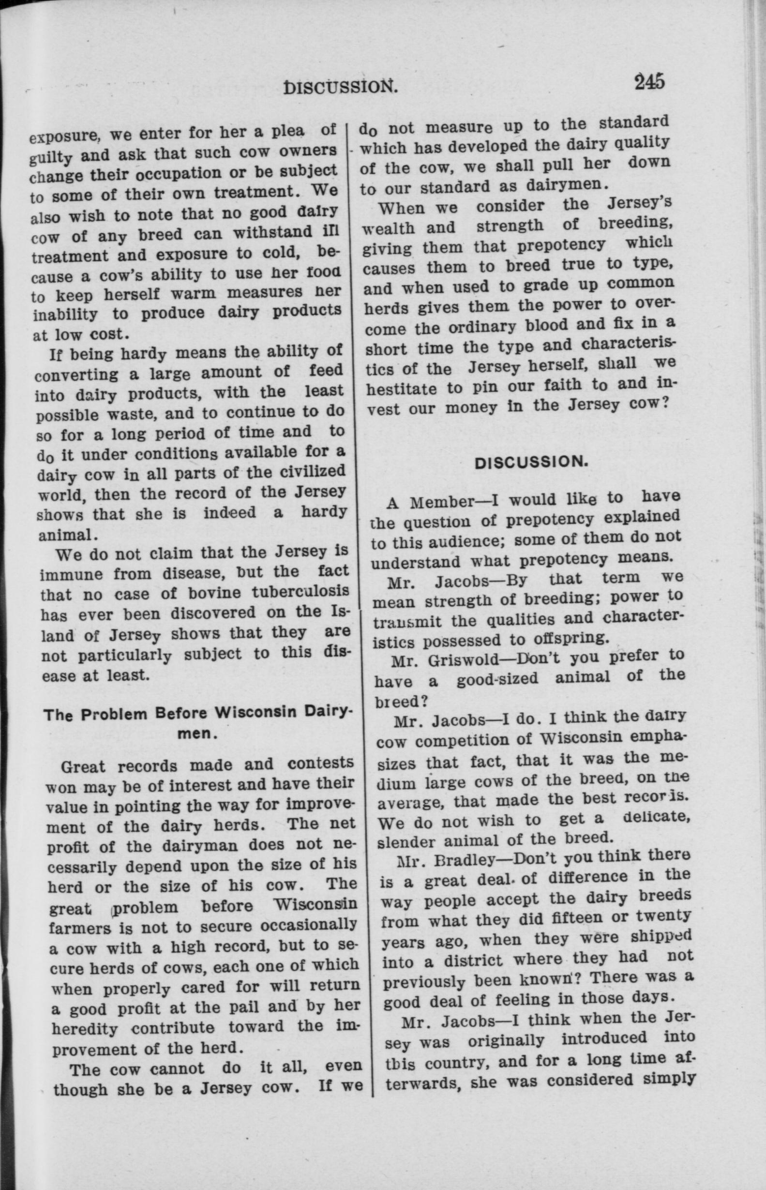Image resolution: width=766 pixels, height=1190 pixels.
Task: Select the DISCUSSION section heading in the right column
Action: click(x=531, y=462)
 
